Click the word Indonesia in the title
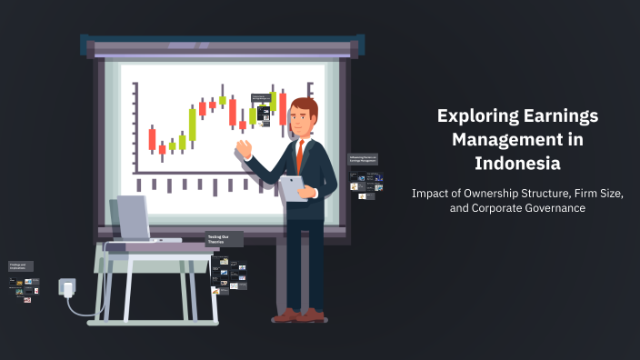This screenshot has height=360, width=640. pyautogui.click(x=516, y=164)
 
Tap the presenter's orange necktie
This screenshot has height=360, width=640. pyautogui.click(x=299, y=155)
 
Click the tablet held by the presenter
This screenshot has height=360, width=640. pyautogui.click(x=293, y=186)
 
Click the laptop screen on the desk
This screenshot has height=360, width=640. pyautogui.click(x=133, y=218)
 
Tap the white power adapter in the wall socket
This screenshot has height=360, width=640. pyautogui.click(x=67, y=289)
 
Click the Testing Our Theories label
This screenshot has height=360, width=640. pyautogui.click(x=225, y=240)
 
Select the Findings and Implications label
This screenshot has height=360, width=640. pyautogui.click(x=20, y=266)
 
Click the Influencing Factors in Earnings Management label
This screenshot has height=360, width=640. pyautogui.click(x=363, y=158)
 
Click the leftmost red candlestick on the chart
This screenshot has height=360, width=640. pyautogui.click(x=152, y=139)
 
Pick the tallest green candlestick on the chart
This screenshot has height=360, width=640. pyautogui.click(x=192, y=124)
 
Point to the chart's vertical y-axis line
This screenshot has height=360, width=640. pyautogui.click(x=135, y=126)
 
